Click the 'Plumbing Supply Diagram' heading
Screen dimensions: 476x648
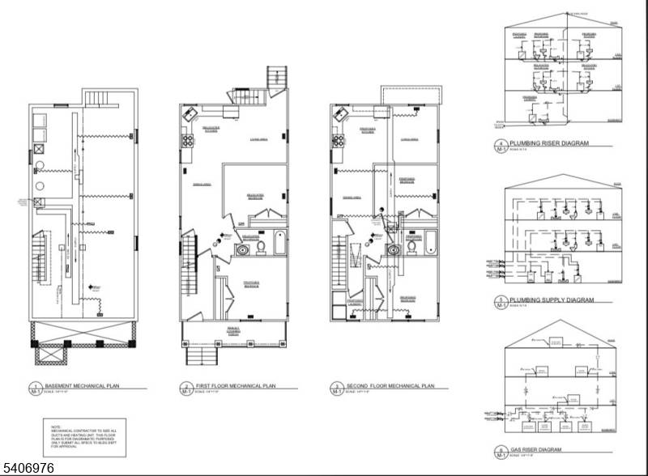[552, 300]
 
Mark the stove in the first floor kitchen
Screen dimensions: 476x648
[186, 139]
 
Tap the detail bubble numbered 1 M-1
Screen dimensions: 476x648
[35, 389]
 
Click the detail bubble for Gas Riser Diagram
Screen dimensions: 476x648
[501, 450]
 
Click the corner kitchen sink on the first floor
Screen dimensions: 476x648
[191, 114]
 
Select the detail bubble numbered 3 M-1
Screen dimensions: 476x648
[336, 389]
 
